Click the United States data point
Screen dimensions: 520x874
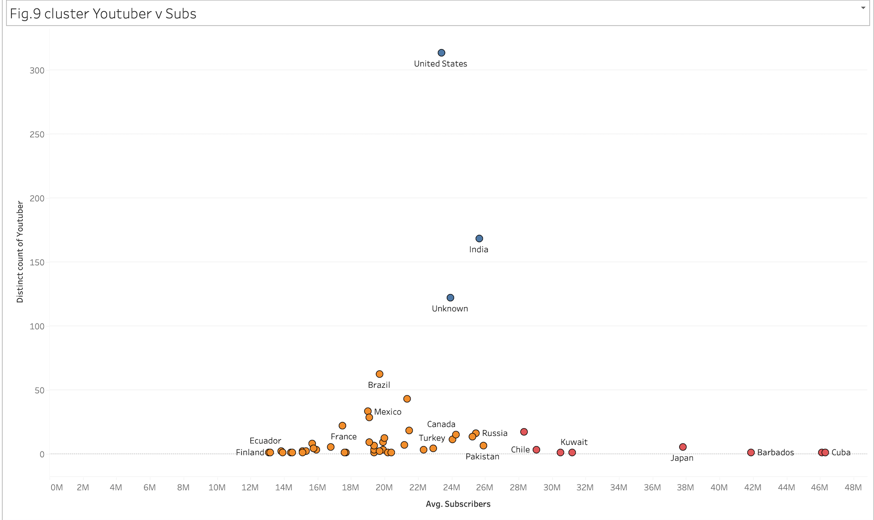pos(441,53)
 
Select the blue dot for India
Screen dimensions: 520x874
pos(479,239)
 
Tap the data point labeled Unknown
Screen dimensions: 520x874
pos(450,298)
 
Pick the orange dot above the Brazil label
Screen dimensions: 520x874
pos(379,374)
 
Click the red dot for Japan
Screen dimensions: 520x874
pos(683,447)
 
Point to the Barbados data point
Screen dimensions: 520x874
pos(751,452)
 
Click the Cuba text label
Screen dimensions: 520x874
pos(841,452)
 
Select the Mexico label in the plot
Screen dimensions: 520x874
pos(388,412)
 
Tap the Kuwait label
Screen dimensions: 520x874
pos(574,442)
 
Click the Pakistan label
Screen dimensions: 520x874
pos(482,457)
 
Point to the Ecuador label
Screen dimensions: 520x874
pos(265,441)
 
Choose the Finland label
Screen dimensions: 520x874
pos(250,453)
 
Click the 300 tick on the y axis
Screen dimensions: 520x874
pos(37,70)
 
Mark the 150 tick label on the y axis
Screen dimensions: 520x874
pos(37,262)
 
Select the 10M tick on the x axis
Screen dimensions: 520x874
pos(217,487)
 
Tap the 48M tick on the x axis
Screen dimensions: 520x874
pos(853,487)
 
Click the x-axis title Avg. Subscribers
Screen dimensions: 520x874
pos(458,504)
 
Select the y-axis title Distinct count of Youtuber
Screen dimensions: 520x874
pos(20,252)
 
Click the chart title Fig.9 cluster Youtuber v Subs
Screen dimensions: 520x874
pos(103,14)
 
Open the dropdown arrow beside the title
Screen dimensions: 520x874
pos(863,8)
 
